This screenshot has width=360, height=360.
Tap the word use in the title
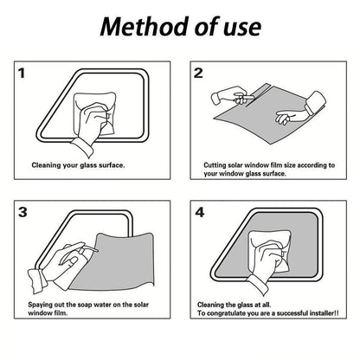tap(242, 29)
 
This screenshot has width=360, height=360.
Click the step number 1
tap(22, 74)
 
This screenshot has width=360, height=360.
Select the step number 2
tap(198, 74)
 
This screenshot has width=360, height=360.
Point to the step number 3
tap(22, 213)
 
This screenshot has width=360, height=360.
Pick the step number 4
tap(200, 213)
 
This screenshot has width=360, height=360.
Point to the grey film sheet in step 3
tap(121, 261)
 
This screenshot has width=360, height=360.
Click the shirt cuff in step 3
tap(37, 280)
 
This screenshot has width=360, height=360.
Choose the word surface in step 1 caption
tap(112, 165)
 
